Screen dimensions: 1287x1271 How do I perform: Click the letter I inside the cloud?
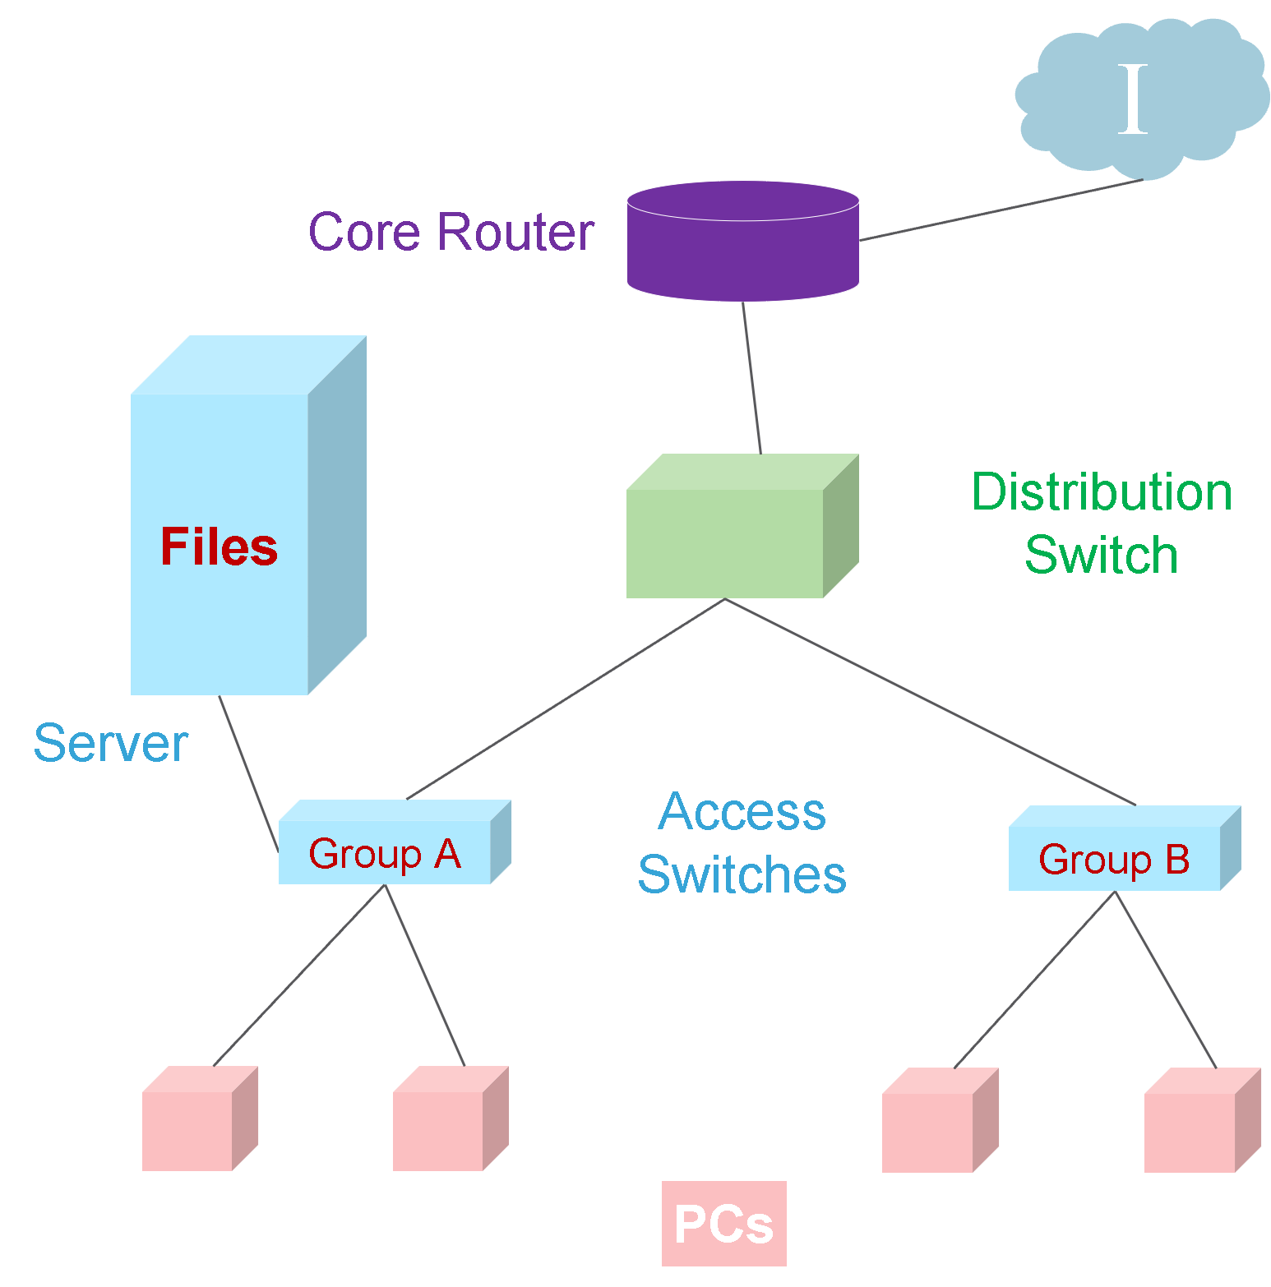click(1133, 99)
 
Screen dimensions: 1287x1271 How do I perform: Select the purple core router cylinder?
click(742, 247)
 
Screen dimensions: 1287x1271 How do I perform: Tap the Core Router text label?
click(451, 232)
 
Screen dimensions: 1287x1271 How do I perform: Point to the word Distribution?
click(1102, 492)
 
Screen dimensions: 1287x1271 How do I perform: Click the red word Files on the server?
click(219, 547)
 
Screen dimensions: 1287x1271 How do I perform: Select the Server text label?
click(111, 744)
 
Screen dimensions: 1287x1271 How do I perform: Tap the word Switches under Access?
click(742, 874)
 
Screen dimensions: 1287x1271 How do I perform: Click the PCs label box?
click(723, 1224)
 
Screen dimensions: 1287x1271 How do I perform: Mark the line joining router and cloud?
click(1001, 210)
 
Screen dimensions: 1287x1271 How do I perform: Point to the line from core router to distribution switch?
click(752, 378)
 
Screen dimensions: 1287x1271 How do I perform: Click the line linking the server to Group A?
click(248, 773)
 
